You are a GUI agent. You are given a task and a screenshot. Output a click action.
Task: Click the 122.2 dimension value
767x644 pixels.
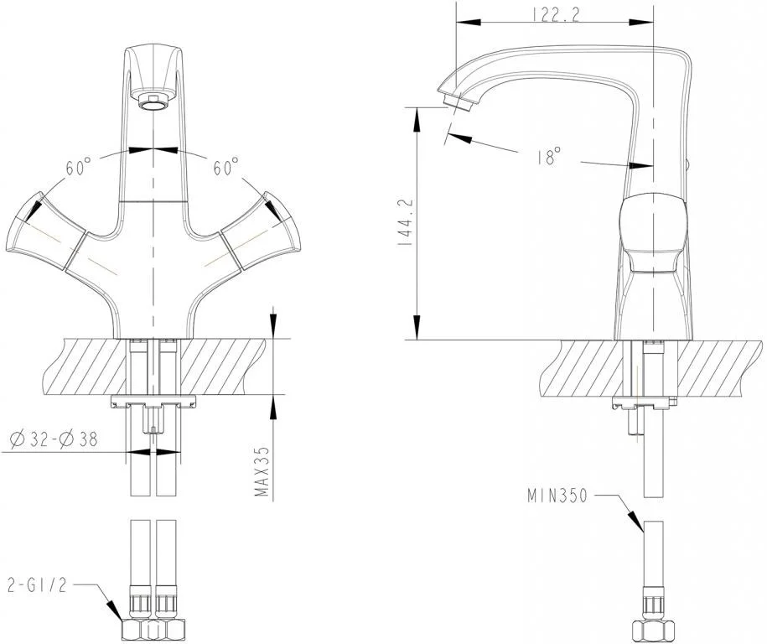click(x=555, y=16)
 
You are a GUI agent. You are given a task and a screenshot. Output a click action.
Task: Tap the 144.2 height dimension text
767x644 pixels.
click(x=407, y=222)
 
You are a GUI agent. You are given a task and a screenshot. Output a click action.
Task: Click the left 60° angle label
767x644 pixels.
click(x=79, y=167)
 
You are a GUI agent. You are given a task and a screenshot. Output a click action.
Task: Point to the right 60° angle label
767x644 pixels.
click(x=226, y=167)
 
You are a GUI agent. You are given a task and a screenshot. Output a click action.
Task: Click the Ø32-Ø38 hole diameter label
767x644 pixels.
click(x=54, y=439)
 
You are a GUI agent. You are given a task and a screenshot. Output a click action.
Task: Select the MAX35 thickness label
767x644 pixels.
click(x=262, y=470)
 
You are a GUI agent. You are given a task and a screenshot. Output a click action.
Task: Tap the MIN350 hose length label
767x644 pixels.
click(x=557, y=496)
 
